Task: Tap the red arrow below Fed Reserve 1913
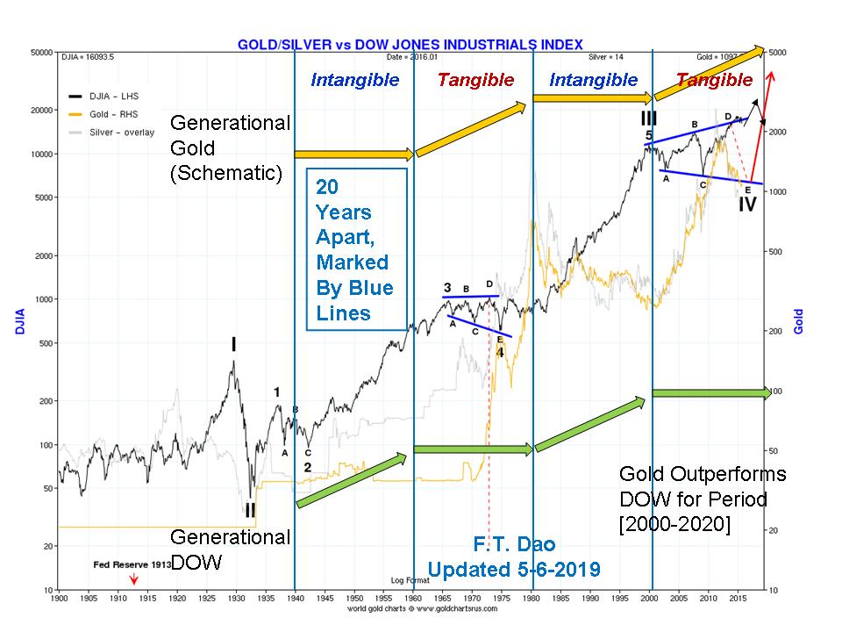[x=133, y=579]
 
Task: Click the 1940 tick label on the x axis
[x=295, y=597]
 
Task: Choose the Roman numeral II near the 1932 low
[x=250, y=509]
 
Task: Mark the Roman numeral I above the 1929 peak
[x=233, y=344]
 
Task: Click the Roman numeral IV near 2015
[x=746, y=205]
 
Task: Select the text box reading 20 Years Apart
[x=355, y=249]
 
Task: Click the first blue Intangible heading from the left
[x=354, y=80]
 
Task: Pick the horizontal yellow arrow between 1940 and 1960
[x=353, y=154]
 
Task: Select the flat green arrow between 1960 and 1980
[x=473, y=449]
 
